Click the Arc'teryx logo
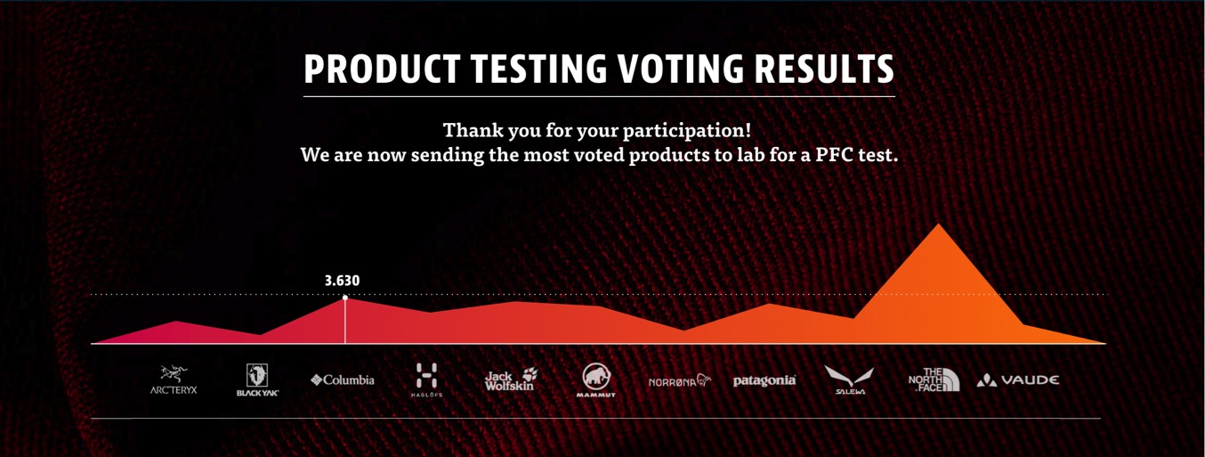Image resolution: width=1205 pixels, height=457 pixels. click(x=174, y=380)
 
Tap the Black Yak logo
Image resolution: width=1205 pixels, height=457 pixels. click(x=257, y=380)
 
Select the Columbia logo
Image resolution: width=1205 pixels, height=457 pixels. click(x=342, y=380)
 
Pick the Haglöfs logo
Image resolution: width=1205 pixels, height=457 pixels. click(x=426, y=380)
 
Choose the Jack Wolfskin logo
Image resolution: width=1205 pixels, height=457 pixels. click(x=511, y=379)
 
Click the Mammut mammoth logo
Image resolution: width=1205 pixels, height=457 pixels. click(x=596, y=380)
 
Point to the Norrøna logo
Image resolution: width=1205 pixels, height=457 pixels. click(x=679, y=380)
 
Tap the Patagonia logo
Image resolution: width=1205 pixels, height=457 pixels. click(x=764, y=380)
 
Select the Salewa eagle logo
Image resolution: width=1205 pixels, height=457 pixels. click(x=849, y=380)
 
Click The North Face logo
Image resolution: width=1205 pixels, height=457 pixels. click(x=934, y=379)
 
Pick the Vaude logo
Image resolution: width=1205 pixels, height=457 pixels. click(x=1018, y=380)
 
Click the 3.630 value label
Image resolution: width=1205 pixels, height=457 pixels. click(x=342, y=281)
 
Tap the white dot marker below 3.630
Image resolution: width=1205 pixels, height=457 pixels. click(x=344, y=298)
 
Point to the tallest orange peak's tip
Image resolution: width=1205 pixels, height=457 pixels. click(x=939, y=224)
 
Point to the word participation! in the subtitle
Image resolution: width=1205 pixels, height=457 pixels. click(x=687, y=131)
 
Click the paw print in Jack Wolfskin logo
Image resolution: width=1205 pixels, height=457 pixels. click(x=530, y=374)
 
